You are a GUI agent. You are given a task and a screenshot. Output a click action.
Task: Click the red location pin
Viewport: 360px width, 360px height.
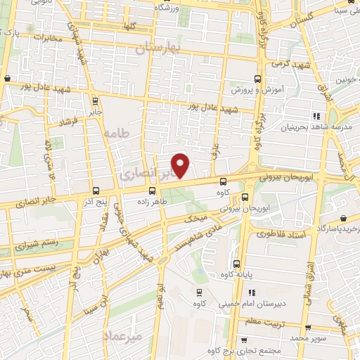pyautogui.click(x=181, y=165)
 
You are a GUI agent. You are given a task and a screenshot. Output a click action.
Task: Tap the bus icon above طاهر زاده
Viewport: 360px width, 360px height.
pyautogui.click(x=153, y=191)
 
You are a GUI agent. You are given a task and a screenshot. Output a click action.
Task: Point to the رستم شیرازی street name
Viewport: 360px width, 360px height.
pyautogui.click(x=29, y=243)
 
